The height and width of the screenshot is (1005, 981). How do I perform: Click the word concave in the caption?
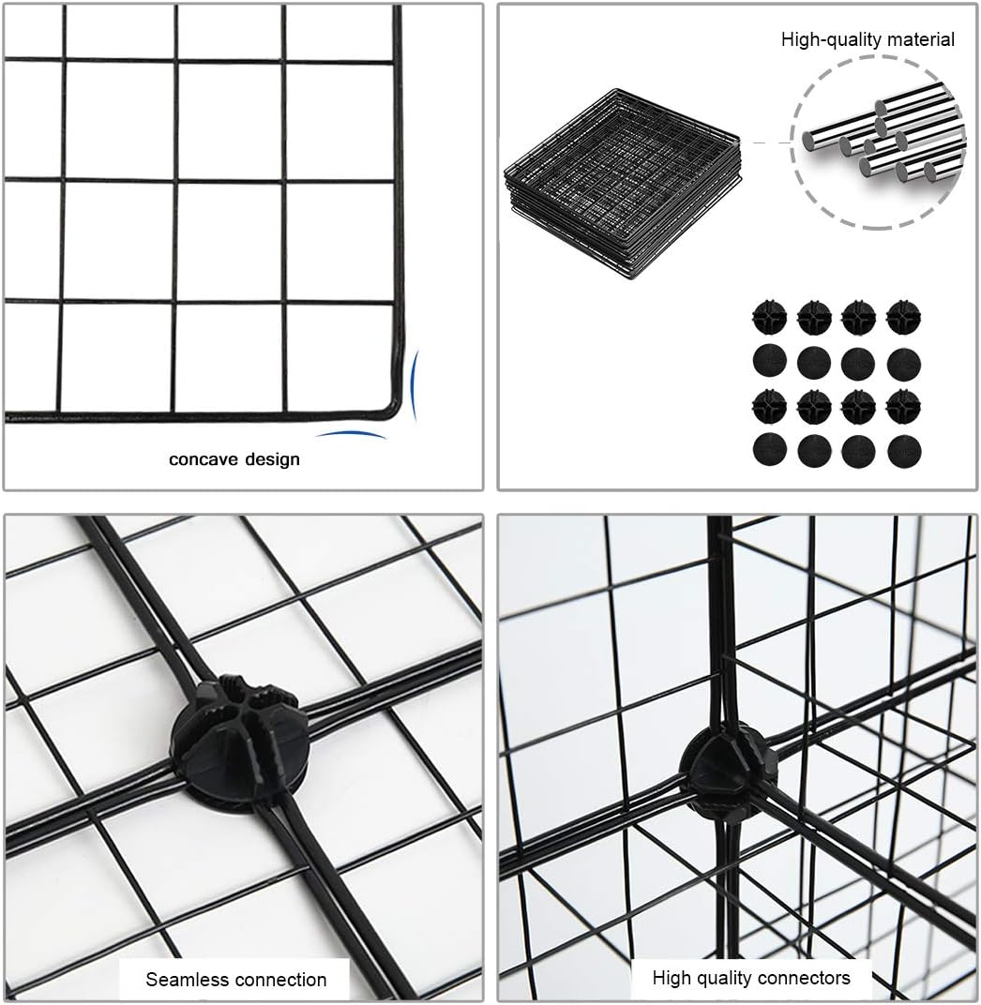click(x=201, y=459)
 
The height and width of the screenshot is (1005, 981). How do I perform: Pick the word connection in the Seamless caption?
click(x=280, y=980)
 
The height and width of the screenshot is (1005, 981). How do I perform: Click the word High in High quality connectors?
click(x=672, y=978)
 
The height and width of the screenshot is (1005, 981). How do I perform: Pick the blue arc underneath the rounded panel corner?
click(x=351, y=434)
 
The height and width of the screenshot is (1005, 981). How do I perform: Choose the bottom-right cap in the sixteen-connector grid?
click(x=904, y=451)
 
